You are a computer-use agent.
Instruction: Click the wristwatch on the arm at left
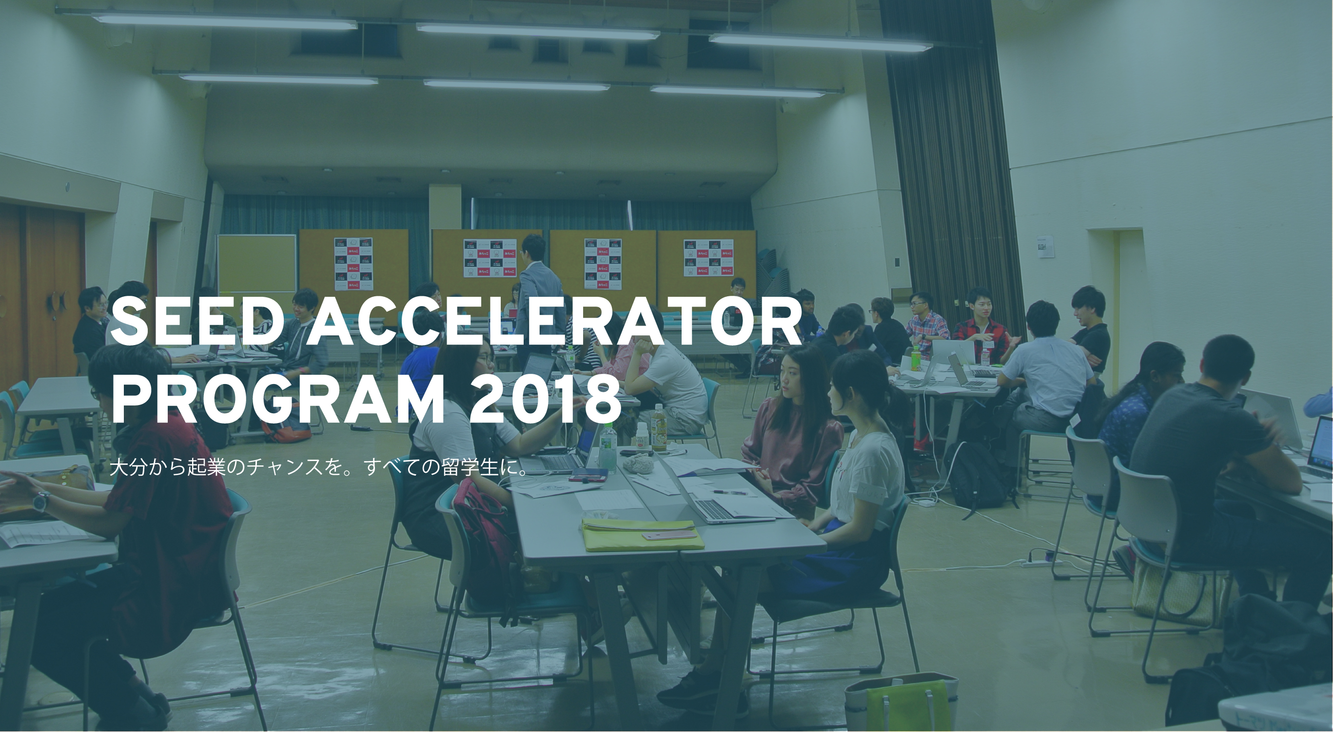click(x=40, y=500)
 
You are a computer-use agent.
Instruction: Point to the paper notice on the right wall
click(x=1045, y=247)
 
